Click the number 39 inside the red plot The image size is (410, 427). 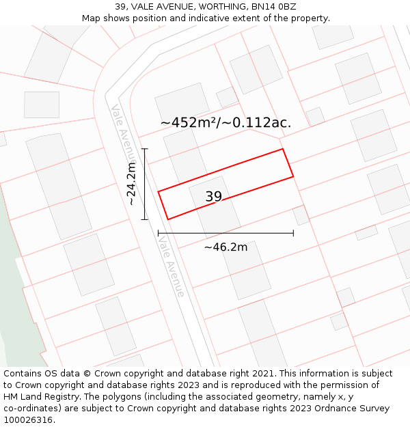tap(213, 197)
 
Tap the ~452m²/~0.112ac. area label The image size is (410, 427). tap(225, 123)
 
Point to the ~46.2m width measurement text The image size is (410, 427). tap(225, 247)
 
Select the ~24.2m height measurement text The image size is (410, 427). tap(132, 182)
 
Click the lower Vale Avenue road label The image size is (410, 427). tap(171, 266)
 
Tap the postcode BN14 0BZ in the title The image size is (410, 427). tap(273, 7)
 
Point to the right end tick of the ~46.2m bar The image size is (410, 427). tap(293, 233)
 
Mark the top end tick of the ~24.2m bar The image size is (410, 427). tap(144, 148)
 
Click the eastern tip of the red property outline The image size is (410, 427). tap(293, 176)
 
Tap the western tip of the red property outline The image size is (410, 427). tap(159, 191)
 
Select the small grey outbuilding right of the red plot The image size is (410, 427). tap(301, 215)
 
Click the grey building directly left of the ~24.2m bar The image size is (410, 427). tap(58, 184)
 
